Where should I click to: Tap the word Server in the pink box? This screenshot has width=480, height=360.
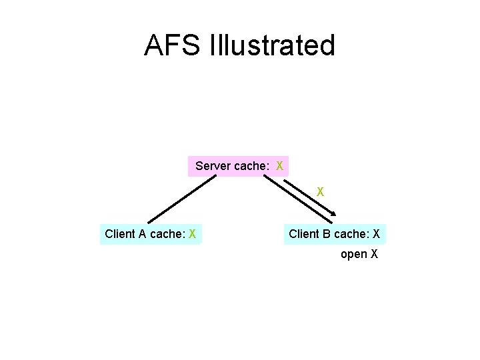point(213,165)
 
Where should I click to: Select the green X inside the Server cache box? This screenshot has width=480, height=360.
point(280,165)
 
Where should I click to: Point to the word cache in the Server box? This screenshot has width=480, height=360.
point(251,165)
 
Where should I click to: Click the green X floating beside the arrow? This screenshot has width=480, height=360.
point(320,191)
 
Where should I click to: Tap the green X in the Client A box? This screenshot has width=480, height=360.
point(192,234)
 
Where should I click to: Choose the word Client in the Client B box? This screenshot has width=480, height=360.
point(304,234)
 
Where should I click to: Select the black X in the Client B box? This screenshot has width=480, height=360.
point(377,234)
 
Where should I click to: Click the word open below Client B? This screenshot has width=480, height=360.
point(354,254)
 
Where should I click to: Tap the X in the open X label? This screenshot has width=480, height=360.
point(375,254)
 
